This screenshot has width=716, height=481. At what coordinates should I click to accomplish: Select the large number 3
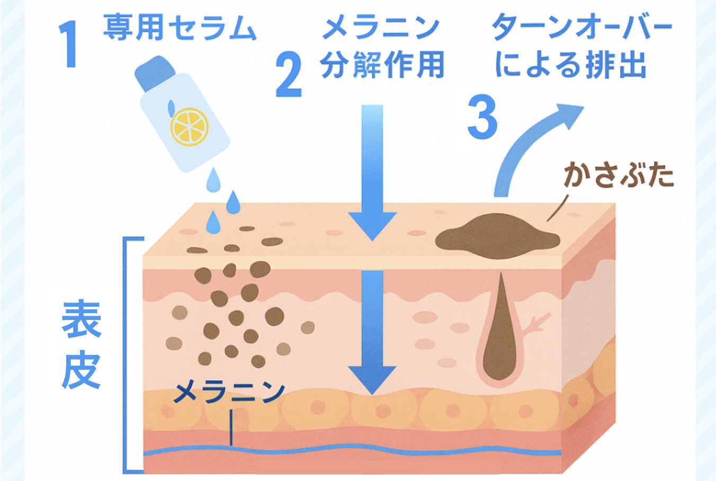[x=482, y=118]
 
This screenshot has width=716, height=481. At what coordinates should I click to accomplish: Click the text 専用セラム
[x=180, y=28]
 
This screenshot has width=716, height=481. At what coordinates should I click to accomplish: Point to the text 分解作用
[x=382, y=66]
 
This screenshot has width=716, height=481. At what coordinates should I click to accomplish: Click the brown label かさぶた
[x=618, y=175]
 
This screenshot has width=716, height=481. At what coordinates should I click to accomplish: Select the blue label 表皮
[x=81, y=345]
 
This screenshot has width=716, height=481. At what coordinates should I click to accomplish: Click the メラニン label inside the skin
[x=229, y=393]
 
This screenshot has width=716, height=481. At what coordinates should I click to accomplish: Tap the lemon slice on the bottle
[x=189, y=126]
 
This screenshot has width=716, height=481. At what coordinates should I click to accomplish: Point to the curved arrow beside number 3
[x=530, y=143]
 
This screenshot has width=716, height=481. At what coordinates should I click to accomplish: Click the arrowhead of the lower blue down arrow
[x=373, y=379]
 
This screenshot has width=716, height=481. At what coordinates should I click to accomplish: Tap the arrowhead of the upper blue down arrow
[x=372, y=225]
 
